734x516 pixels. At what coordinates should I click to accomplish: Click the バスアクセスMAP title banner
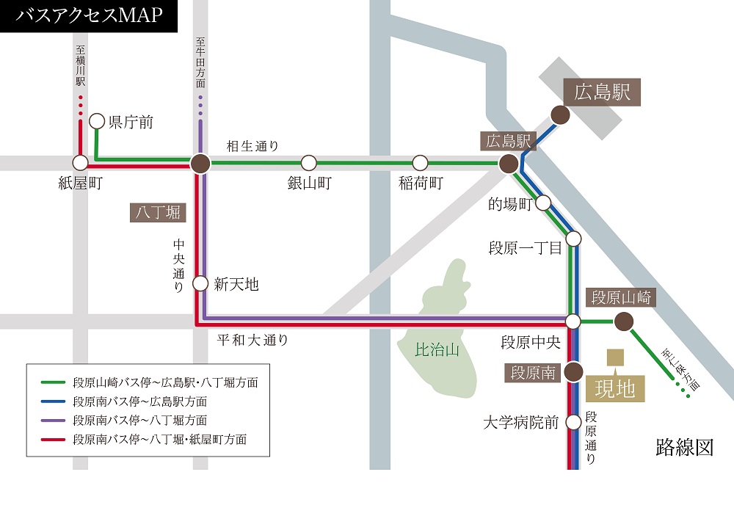pyautogui.click(x=88, y=15)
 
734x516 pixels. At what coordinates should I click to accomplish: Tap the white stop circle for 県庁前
pyautogui.click(x=97, y=121)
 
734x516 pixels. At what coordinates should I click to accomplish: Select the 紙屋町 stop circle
pyautogui.click(x=81, y=162)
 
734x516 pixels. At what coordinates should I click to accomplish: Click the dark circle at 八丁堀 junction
pyautogui.click(x=200, y=164)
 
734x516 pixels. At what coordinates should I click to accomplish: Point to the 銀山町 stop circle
pyautogui.click(x=309, y=162)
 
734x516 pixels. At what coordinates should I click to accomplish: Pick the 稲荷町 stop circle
pyautogui.click(x=420, y=162)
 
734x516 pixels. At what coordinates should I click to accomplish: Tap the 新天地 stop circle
pyautogui.click(x=200, y=283)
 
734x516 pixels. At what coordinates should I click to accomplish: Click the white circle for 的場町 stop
pyautogui.click(x=544, y=203)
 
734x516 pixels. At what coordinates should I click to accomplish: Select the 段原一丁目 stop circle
pyautogui.click(x=574, y=239)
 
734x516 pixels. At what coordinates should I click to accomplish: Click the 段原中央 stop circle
pyautogui.click(x=573, y=321)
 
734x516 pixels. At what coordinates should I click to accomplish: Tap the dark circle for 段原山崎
pyautogui.click(x=623, y=321)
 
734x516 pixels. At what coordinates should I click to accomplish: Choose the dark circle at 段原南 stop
pyautogui.click(x=573, y=373)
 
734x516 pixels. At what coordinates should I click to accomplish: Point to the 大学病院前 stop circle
pyautogui.click(x=573, y=421)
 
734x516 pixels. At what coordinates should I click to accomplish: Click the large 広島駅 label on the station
pyautogui.click(x=603, y=93)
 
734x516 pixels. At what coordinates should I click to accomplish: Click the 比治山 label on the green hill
pyautogui.click(x=437, y=351)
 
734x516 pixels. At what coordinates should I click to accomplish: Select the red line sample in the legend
pyautogui.click(x=54, y=440)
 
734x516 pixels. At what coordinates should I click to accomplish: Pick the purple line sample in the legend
pyautogui.click(x=54, y=421)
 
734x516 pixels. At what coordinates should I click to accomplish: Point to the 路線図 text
pyautogui.click(x=684, y=448)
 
